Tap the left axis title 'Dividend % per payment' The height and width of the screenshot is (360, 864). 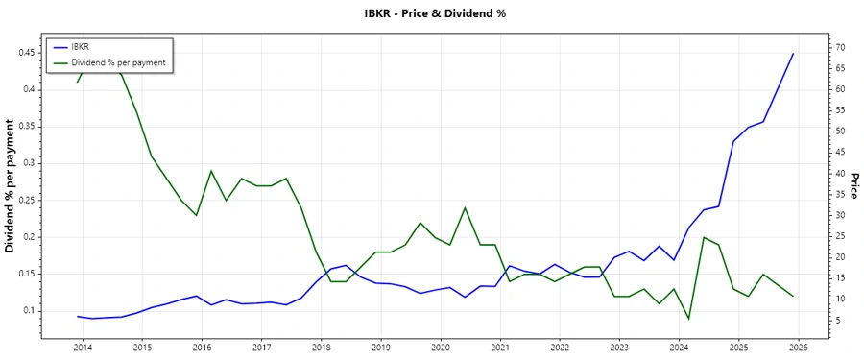click(x=11, y=186)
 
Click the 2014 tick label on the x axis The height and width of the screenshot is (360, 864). click(x=83, y=347)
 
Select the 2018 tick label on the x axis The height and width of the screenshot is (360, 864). click(x=321, y=347)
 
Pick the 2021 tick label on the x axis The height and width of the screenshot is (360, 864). click(x=499, y=347)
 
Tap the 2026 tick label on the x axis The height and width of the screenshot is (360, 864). click(x=798, y=347)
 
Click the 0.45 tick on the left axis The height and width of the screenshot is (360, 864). click(x=26, y=53)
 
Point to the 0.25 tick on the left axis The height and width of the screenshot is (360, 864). click(x=26, y=200)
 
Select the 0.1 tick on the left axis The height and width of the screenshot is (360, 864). click(x=30, y=311)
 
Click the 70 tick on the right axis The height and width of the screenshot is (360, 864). click(x=812, y=47)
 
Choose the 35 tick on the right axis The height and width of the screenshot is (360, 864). click(x=812, y=194)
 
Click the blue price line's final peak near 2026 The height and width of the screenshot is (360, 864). click(x=793, y=54)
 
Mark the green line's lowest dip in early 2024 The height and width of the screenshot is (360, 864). click(x=688, y=319)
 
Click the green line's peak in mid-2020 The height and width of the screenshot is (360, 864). click(x=465, y=207)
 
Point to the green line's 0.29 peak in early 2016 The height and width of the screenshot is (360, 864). click(x=211, y=171)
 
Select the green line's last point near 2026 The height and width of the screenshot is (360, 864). click(x=793, y=297)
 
